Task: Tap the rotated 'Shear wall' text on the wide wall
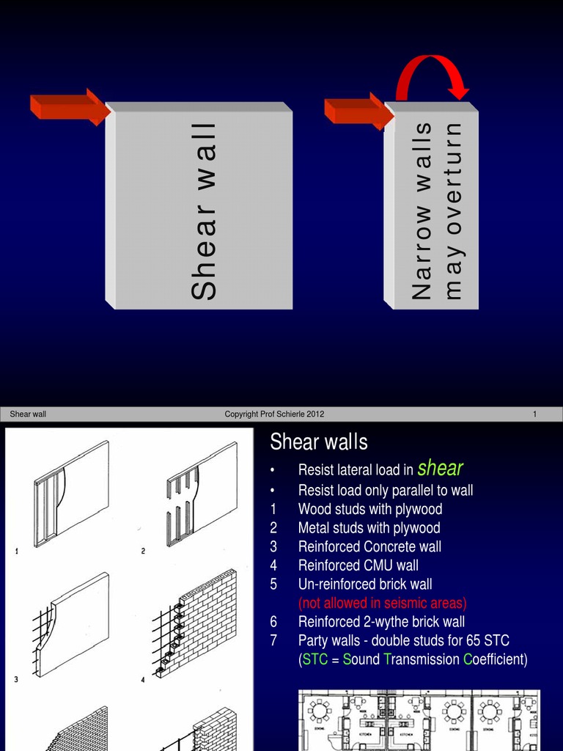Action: click(x=204, y=210)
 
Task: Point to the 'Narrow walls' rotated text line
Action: click(x=422, y=210)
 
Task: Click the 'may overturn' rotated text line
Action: click(x=455, y=210)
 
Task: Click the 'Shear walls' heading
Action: click(x=319, y=442)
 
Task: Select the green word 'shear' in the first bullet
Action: click(x=440, y=468)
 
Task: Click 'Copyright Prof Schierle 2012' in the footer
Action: click(x=274, y=414)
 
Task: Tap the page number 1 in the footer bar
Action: click(x=534, y=414)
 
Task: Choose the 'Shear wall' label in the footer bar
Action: click(x=28, y=414)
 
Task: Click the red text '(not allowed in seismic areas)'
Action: click(x=382, y=603)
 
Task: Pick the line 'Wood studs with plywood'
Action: click(x=370, y=509)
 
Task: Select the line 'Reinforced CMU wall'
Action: click(x=358, y=565)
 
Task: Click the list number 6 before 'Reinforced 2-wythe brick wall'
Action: click(x=273, y=622)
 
